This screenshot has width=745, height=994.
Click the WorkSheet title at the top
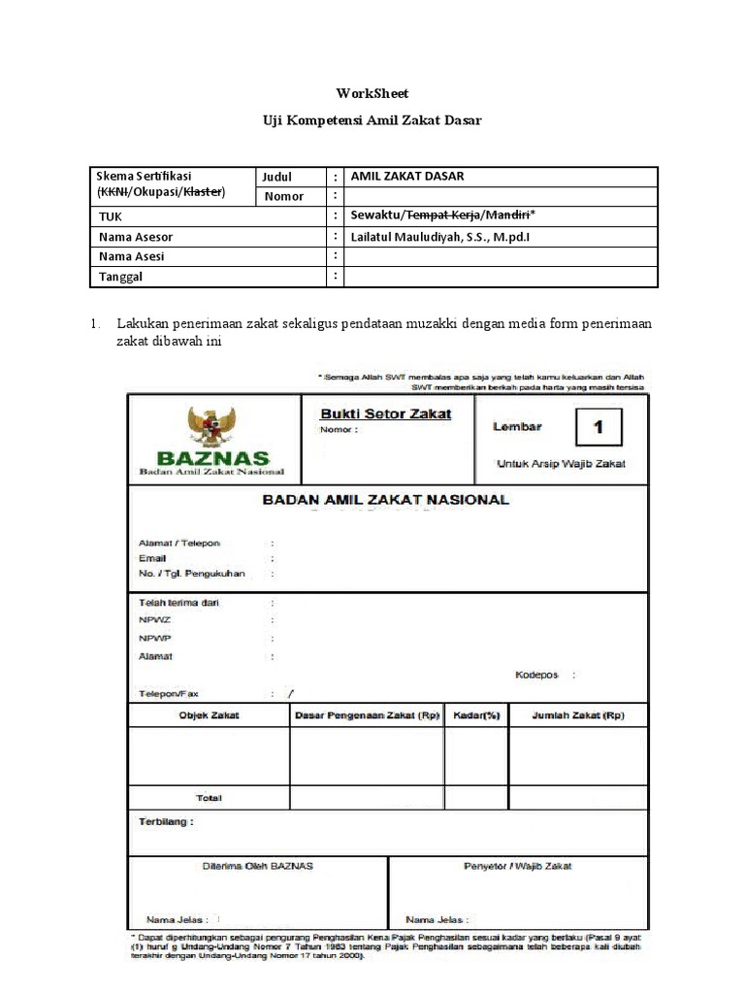tap(372, 93)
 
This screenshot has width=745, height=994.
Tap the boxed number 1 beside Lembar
tap(599, 427)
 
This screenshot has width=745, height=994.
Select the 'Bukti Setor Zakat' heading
tap(386, 414)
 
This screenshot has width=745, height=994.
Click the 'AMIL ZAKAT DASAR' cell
tap(406, 176)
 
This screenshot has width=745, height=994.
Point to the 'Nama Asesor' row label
tap(136, 237)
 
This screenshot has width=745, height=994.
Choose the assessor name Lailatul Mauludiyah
tap(440, 237)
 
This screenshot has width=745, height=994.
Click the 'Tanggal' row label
tap(121, 277)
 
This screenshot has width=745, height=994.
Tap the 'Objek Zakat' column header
tap(209, 715)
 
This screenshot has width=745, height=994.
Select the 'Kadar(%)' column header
tap(476, 715)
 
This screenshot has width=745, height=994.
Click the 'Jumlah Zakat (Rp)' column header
tap(578, 715)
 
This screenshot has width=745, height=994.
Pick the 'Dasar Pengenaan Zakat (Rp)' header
tap(367, 715)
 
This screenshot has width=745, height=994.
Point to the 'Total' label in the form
tap(209, 798)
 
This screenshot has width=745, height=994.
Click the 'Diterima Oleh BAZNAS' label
tap(257, 865)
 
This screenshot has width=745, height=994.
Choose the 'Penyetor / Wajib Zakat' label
tap(518, 865)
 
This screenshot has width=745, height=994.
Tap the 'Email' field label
tap(152, 558)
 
